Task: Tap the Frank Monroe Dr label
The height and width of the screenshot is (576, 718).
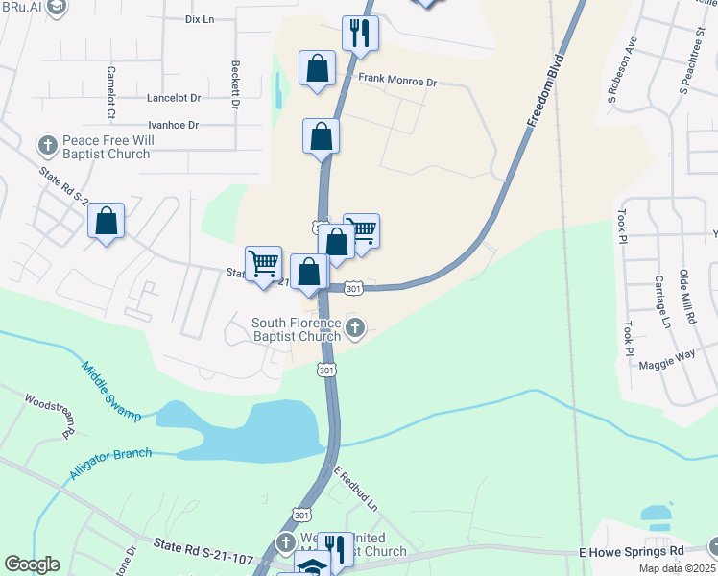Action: [396, 83]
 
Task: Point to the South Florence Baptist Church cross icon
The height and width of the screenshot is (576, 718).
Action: [355, 329]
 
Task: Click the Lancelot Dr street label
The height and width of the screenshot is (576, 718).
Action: [174, 98]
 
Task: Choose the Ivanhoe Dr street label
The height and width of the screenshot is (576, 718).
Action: [173, 125]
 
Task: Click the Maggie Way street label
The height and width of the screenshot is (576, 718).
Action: [672, 355]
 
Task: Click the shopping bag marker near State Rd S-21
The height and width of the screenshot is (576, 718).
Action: [106, 222]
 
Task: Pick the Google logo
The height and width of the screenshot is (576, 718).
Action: [32, 564]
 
